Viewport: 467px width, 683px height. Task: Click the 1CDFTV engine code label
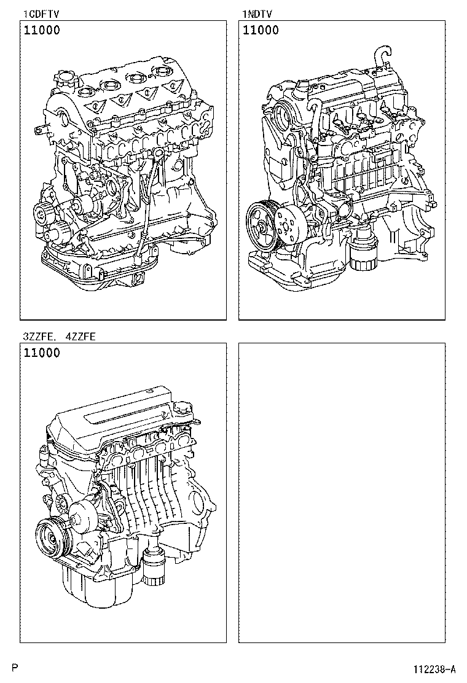(x=41, y=14)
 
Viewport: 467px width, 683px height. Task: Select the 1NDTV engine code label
(x=257, y=14)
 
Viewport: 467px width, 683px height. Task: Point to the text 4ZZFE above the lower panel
(x=79, y=337)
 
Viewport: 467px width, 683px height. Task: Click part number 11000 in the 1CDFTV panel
(x=42, y=30)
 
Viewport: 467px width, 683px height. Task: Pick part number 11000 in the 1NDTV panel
(x=261, y=30)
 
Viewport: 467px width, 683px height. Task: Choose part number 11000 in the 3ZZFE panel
(x=42, y=353)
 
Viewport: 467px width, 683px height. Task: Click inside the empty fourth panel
(x=342, y=491)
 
